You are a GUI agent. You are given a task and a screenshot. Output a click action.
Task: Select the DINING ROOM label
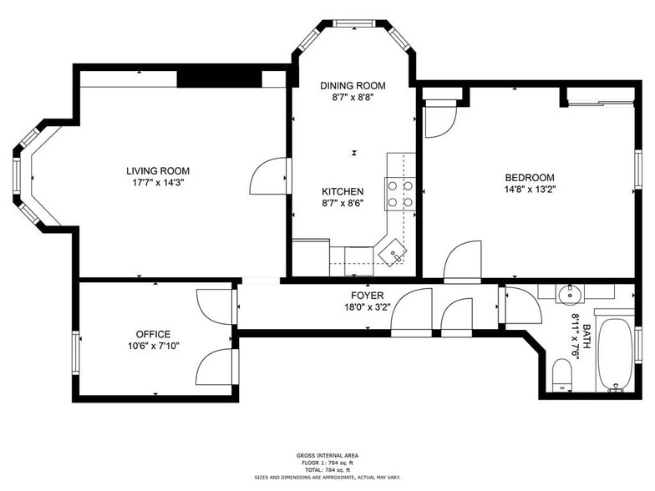353,85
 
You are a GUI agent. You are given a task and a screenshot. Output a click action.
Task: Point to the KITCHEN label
343,191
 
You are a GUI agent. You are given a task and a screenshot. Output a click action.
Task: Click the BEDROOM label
530,177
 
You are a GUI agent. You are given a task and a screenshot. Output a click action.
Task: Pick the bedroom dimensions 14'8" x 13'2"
530,190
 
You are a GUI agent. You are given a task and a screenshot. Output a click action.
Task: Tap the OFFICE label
154,334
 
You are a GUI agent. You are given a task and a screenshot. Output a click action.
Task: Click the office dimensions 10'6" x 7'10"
154,346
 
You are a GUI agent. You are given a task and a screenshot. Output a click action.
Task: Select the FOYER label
367,296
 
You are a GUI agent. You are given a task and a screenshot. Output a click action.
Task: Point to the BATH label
587,332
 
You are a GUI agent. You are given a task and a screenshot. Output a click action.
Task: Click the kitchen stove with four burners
399,194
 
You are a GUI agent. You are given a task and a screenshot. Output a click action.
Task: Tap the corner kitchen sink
392,250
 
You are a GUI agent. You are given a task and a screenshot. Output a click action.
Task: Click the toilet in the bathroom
562,376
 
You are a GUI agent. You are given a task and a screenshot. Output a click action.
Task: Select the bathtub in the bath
617,354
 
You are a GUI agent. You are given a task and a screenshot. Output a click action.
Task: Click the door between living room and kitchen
269,176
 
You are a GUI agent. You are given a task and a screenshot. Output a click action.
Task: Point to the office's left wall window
76,348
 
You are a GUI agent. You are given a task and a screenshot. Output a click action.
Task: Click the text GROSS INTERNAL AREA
327,455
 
